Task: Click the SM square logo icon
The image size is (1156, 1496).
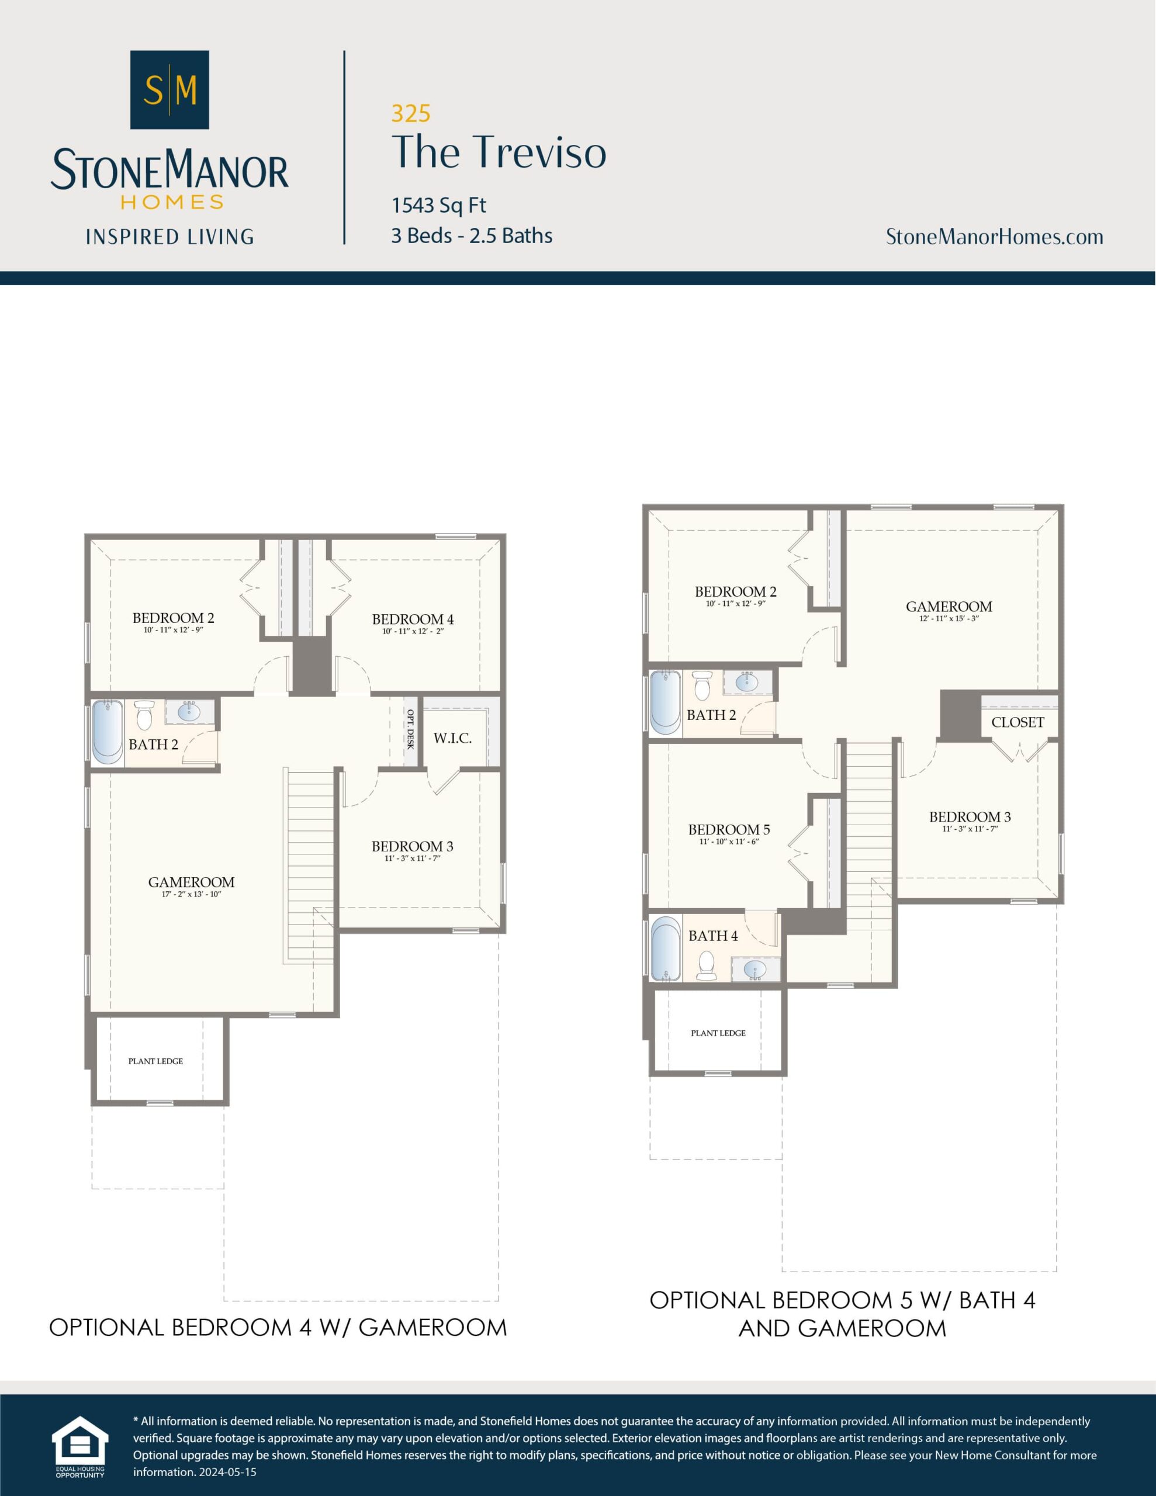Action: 169,90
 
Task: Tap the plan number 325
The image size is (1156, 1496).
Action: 410,113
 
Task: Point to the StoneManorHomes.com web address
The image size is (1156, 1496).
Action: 994,237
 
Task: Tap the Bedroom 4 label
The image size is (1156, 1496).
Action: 413,619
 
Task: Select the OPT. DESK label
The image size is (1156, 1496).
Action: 410,729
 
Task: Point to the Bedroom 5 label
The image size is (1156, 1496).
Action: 728,829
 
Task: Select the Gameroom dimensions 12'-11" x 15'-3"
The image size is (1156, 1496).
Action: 949,618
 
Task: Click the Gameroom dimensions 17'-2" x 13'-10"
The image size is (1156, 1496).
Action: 191,894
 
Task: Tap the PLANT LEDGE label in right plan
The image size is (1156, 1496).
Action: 718,1033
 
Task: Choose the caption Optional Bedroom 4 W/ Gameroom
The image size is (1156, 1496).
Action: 278,1328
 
